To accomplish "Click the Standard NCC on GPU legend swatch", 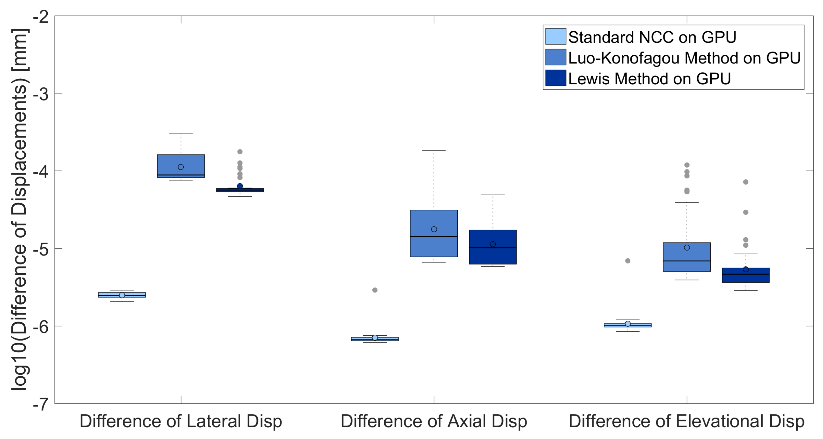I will point(555,36).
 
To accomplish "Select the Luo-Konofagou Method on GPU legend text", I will point(684,58).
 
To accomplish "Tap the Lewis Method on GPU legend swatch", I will point(555,78).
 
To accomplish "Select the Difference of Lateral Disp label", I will point(181,421).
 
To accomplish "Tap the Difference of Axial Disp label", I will point(434,421).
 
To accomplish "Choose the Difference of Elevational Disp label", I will point(686,421).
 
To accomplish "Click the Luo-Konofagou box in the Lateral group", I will point(181,161).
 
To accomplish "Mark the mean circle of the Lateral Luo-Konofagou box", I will point(181,167).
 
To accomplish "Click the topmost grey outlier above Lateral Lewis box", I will point(240,152).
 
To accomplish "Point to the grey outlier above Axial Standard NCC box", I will point(375,290).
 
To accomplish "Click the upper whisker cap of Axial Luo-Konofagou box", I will point(434,150).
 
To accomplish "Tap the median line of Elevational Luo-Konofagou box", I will point(687,261).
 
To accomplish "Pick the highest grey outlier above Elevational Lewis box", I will point(746,182).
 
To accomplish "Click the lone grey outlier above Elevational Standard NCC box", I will point(628,261).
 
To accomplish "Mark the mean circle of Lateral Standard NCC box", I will point(122,295).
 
